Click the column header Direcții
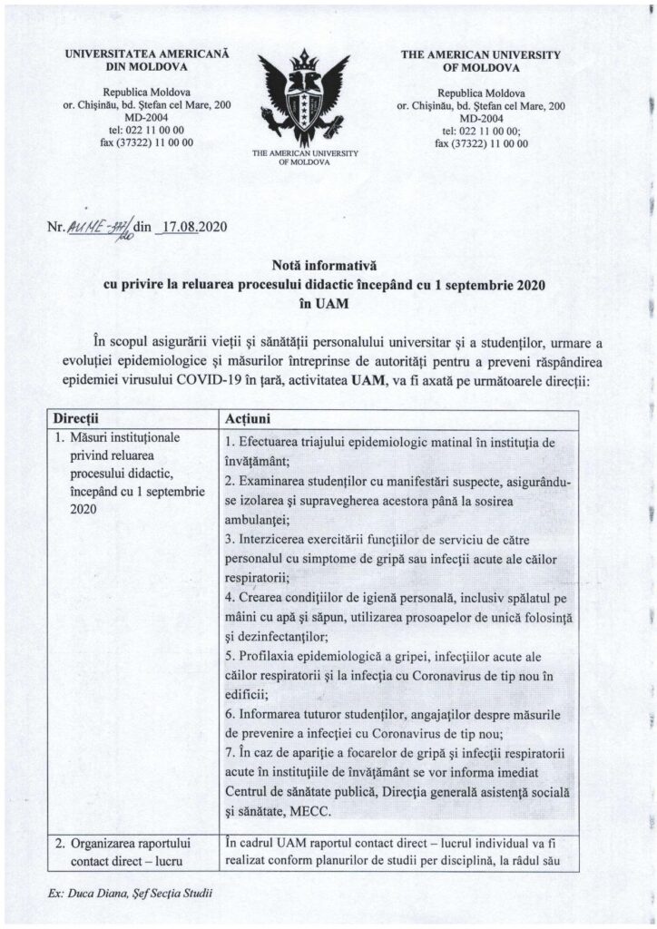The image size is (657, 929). coord(80,420)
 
